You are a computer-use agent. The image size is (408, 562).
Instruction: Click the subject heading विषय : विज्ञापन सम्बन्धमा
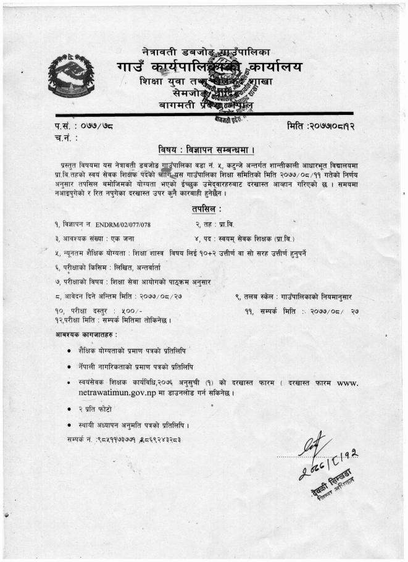point(203,150)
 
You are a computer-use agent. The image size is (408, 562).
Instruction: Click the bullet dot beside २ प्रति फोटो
point(69,409)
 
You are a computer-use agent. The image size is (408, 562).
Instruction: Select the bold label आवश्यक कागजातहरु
point(81,334)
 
